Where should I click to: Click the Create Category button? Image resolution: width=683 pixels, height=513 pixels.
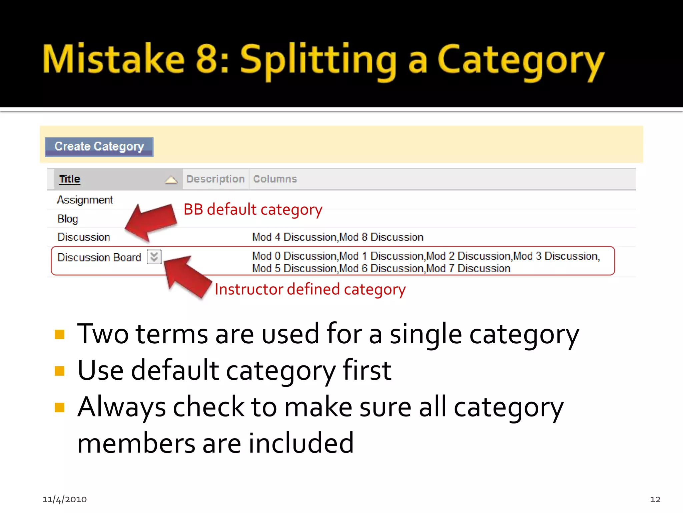coord(99,147)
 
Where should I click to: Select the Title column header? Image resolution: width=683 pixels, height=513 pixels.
coord(69,179)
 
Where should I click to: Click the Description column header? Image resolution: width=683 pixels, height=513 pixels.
coord(215,179)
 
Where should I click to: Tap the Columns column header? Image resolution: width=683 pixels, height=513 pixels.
coord(275,179)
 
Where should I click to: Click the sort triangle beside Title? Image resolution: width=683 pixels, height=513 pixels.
coord(171,180)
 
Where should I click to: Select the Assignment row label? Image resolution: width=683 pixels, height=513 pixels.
coord(85,200)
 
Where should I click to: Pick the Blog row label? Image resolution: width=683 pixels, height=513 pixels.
coord(68,219)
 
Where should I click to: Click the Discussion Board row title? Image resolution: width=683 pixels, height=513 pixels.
coord(99,258)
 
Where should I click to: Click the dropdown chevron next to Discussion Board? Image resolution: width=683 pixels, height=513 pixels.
coord(154,257)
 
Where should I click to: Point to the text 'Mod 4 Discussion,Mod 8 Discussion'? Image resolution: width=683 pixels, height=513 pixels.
coord(337,237)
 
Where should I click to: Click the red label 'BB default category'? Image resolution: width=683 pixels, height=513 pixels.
coord(253,210)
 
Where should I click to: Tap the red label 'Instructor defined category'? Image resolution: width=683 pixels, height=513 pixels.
coord(310,289)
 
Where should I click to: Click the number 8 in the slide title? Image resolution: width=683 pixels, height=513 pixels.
coord(207,59)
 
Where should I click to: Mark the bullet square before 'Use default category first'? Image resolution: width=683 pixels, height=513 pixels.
coord(59,371)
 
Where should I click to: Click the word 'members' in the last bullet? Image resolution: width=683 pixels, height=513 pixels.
coord(136,443)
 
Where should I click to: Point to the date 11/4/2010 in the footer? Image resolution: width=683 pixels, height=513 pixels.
coord(64,499)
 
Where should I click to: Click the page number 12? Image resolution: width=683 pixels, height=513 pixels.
coord(655,499)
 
